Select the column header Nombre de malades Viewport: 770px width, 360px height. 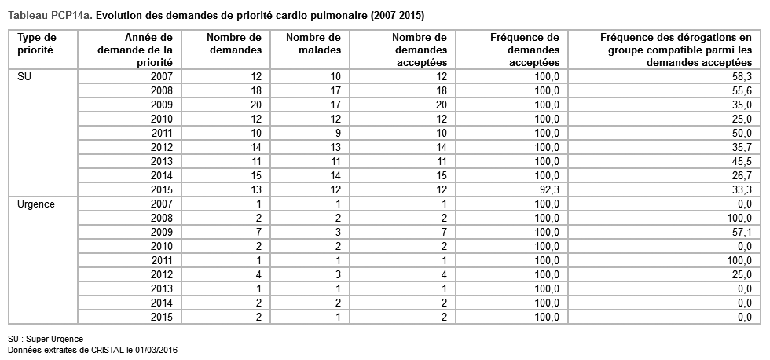[313, 43]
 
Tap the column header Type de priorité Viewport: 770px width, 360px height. [37, 43]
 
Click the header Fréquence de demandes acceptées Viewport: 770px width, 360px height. [524, 50]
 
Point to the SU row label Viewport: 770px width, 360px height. [24, 76]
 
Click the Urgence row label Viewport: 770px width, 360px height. [35, 204]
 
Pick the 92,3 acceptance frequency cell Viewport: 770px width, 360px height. [547, 189]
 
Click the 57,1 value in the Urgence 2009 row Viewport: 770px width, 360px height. [742, 232]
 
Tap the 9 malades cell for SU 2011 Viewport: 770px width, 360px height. [337, 133]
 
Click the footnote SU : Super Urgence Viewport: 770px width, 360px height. [46, 339]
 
